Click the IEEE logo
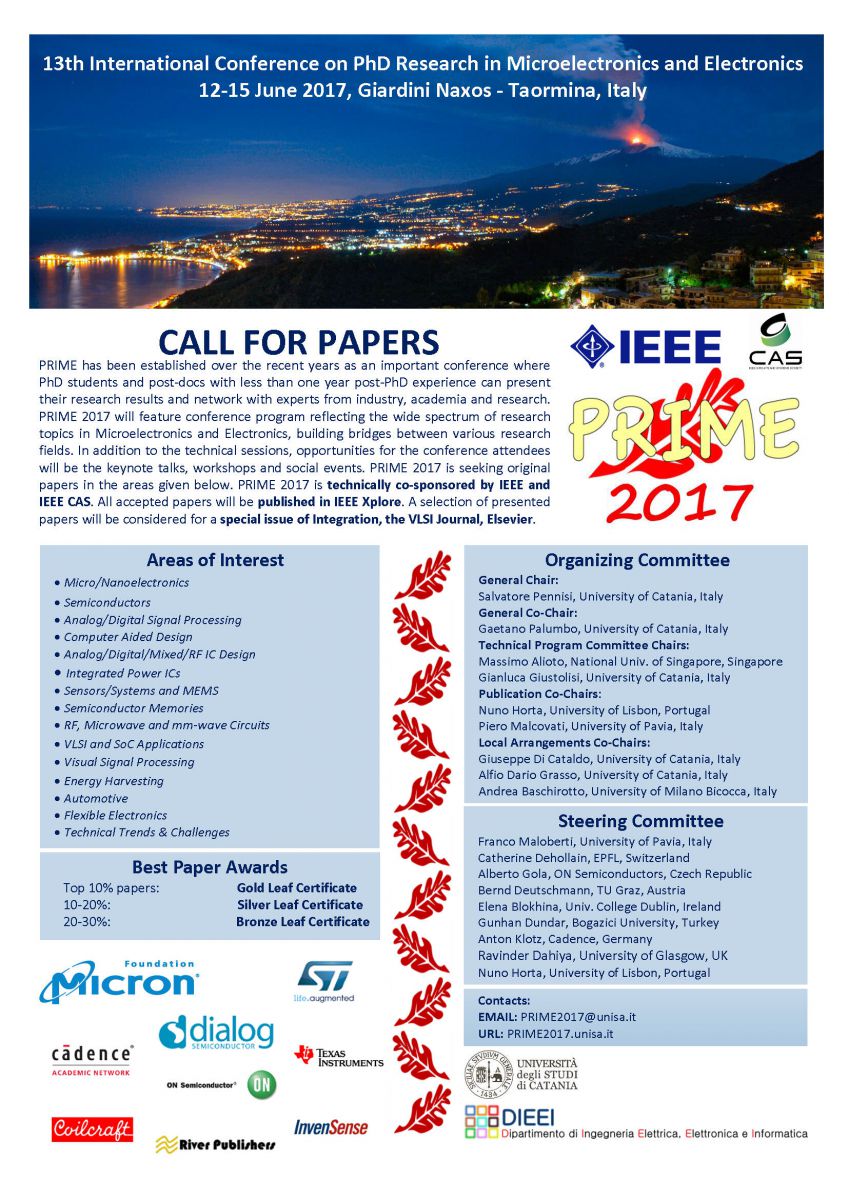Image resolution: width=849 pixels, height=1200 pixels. [646, 347]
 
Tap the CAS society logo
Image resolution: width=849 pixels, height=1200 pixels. [775, 342]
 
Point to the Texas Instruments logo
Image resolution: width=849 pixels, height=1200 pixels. [338, 1057]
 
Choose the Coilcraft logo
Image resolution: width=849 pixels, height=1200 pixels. [92, 1129]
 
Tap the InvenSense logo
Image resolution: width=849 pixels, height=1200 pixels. [331, 1127]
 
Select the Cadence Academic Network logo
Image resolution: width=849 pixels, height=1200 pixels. [92, 1058]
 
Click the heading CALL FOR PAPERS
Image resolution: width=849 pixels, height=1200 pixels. [299, 343]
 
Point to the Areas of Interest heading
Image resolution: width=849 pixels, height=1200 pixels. [215, 560]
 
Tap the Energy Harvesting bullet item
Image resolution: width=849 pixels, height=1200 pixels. [113, 781]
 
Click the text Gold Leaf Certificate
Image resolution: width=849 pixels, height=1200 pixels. [296, 887]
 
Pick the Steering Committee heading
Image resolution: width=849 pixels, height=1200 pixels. [640, 821]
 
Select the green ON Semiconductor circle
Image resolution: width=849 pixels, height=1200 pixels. [261, 1084]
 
